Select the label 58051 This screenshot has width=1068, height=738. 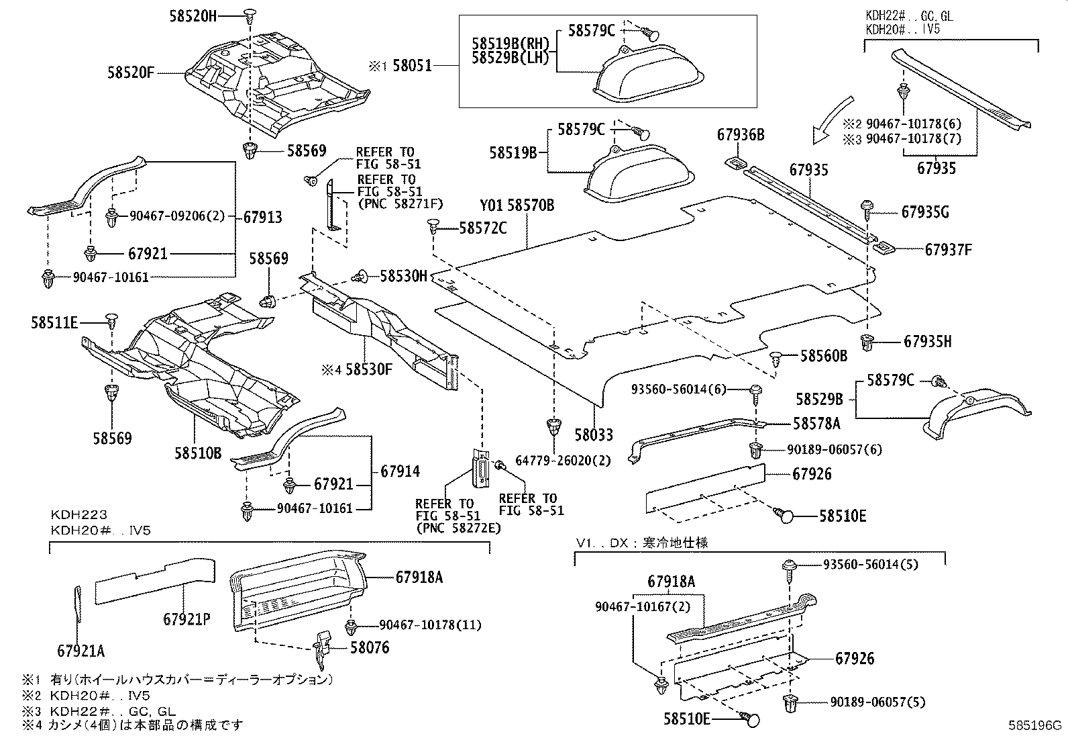(x=411, y=66)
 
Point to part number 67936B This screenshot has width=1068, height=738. (x=740, y=134)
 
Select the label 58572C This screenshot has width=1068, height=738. (x=483, y=228)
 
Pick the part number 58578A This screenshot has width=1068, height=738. (x=816, y=424)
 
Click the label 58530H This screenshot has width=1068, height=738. (x=403, y=275)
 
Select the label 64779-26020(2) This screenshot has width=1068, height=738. (x=555, y=460)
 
